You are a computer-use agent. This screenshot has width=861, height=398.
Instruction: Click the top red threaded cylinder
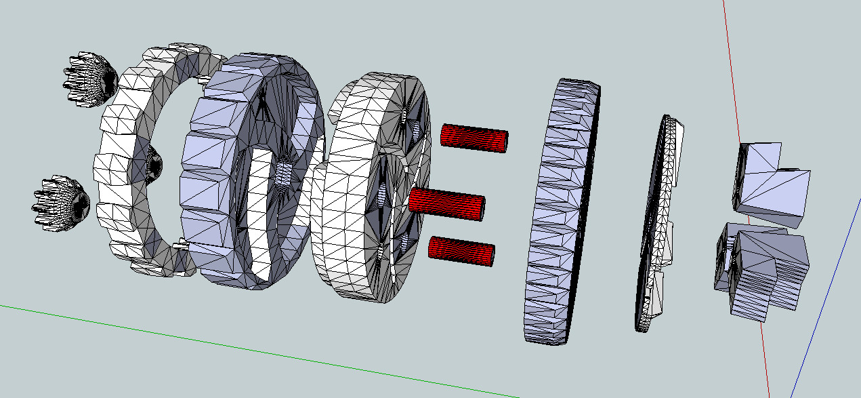click(x=471, y=138)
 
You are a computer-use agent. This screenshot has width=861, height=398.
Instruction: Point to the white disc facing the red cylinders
click(x=352, y=203)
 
